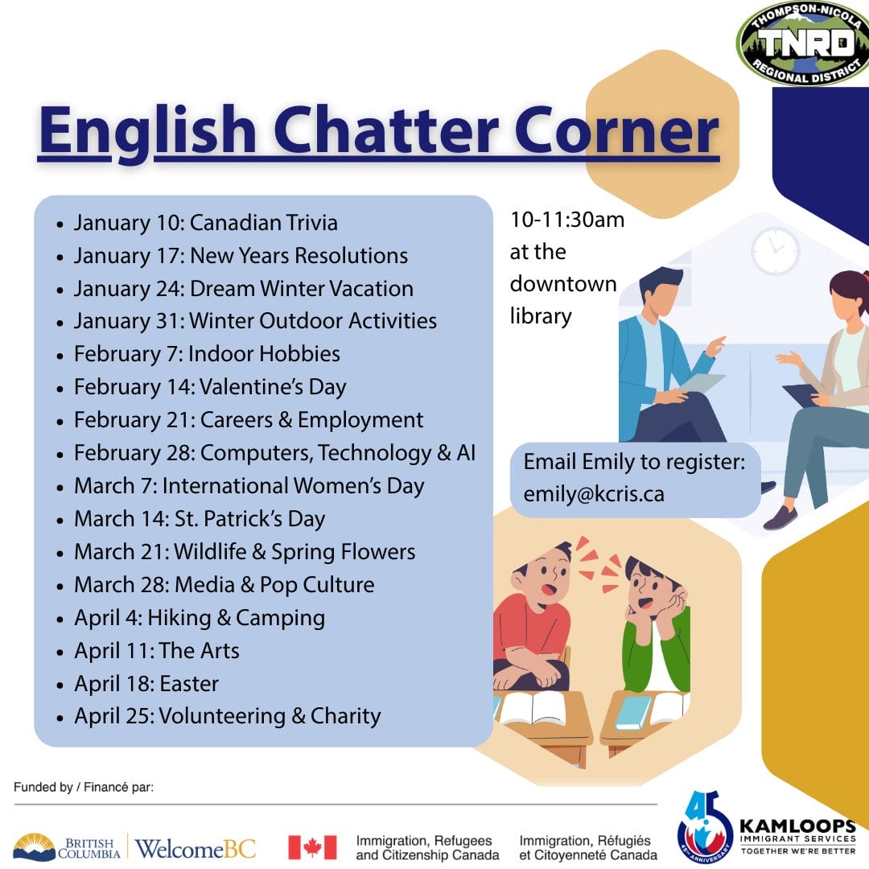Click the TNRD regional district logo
[x=803, y=43]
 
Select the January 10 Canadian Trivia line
[x=206, y=223]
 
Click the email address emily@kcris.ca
[x=594, y=494]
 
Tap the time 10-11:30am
[x=567, y=220]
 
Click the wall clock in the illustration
[x=775, y=250]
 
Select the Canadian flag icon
[x=312, y=847]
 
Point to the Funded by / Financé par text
[x=84, y=787]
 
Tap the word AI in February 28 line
[x=466, y=453]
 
